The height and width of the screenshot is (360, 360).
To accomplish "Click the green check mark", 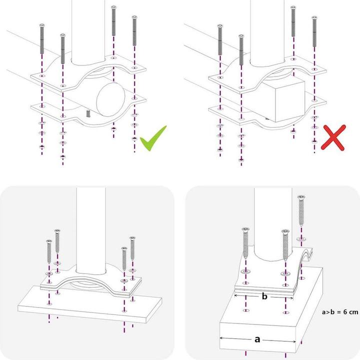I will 152,138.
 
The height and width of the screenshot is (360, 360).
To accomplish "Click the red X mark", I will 333,137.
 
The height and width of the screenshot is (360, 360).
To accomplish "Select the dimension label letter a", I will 257,339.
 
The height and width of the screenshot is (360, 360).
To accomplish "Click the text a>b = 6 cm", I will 340,312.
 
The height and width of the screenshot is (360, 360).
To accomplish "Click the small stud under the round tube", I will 87,113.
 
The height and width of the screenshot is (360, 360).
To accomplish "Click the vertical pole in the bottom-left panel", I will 91,225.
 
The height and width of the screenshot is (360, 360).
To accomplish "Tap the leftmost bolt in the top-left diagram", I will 41,42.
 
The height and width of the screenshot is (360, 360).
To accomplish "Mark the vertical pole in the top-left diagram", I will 90,30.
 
